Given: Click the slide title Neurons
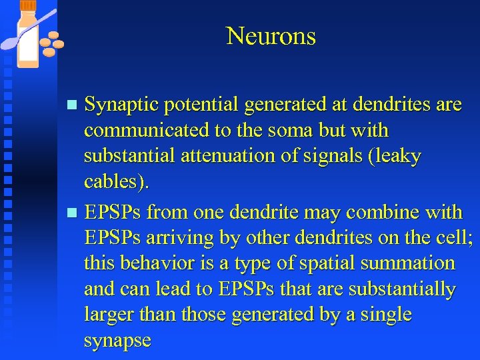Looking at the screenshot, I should [x=271, y=36].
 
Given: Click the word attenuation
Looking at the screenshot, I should [x=223, y=156].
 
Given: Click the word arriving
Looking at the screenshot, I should [x=177, y=238].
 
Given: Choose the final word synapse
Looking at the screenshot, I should [x=117, y=341].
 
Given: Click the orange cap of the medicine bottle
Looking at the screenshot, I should [x=29, y=5].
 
